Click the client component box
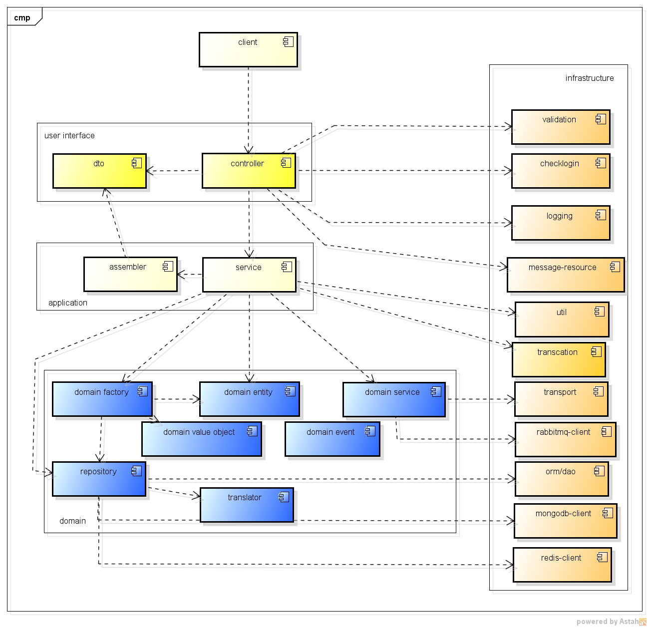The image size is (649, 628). [x=248, y=50]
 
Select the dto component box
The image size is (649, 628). [x=99, y=171]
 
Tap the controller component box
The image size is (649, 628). [x=249, y=171]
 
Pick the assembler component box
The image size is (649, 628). [x=130, y=274]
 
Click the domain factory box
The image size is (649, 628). [x=102, y=399]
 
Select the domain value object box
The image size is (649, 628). [x=201, y=439]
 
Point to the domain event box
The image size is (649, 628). [x=332, y=439]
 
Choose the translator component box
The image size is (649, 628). [x=247, y=505]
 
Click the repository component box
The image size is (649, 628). [x=99, y=479]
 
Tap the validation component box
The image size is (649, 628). [x=561, y=127]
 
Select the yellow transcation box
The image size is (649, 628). [x=559, y=360]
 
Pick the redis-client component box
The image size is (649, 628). [x=562, y=565]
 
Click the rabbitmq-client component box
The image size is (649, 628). [x=565, y=440]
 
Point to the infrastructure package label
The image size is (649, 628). [x=590, y=78]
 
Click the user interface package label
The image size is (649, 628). [x=69, y=136]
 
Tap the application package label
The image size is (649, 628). [x=68, y=303]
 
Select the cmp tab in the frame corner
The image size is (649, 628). [x=22, y=18]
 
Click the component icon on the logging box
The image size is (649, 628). [x=601, y=215]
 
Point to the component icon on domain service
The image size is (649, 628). [x=436, y=391]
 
